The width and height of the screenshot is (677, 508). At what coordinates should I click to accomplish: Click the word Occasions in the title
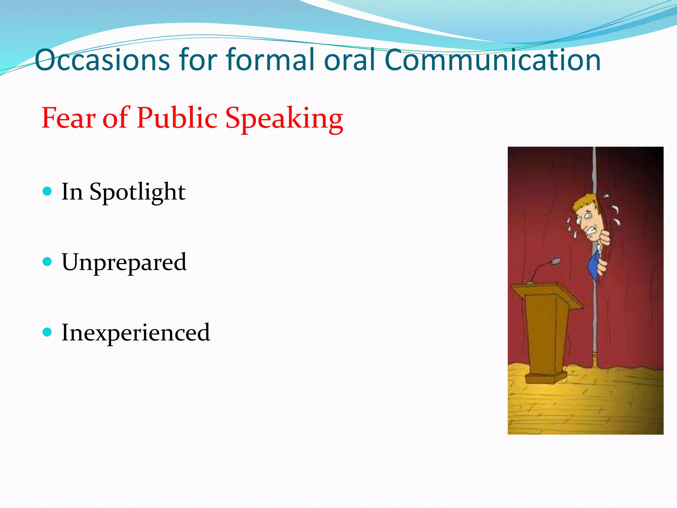tap(102, 60)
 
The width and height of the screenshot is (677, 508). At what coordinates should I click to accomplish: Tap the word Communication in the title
tap(493, 60)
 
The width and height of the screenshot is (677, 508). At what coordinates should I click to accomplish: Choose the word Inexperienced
tap(136, 333)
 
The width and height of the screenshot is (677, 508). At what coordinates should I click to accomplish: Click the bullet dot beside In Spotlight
tap(48, 191)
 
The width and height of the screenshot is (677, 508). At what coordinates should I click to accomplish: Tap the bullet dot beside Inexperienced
tap(48, 332)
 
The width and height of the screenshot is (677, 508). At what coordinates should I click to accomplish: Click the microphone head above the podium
tap(556, 261)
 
